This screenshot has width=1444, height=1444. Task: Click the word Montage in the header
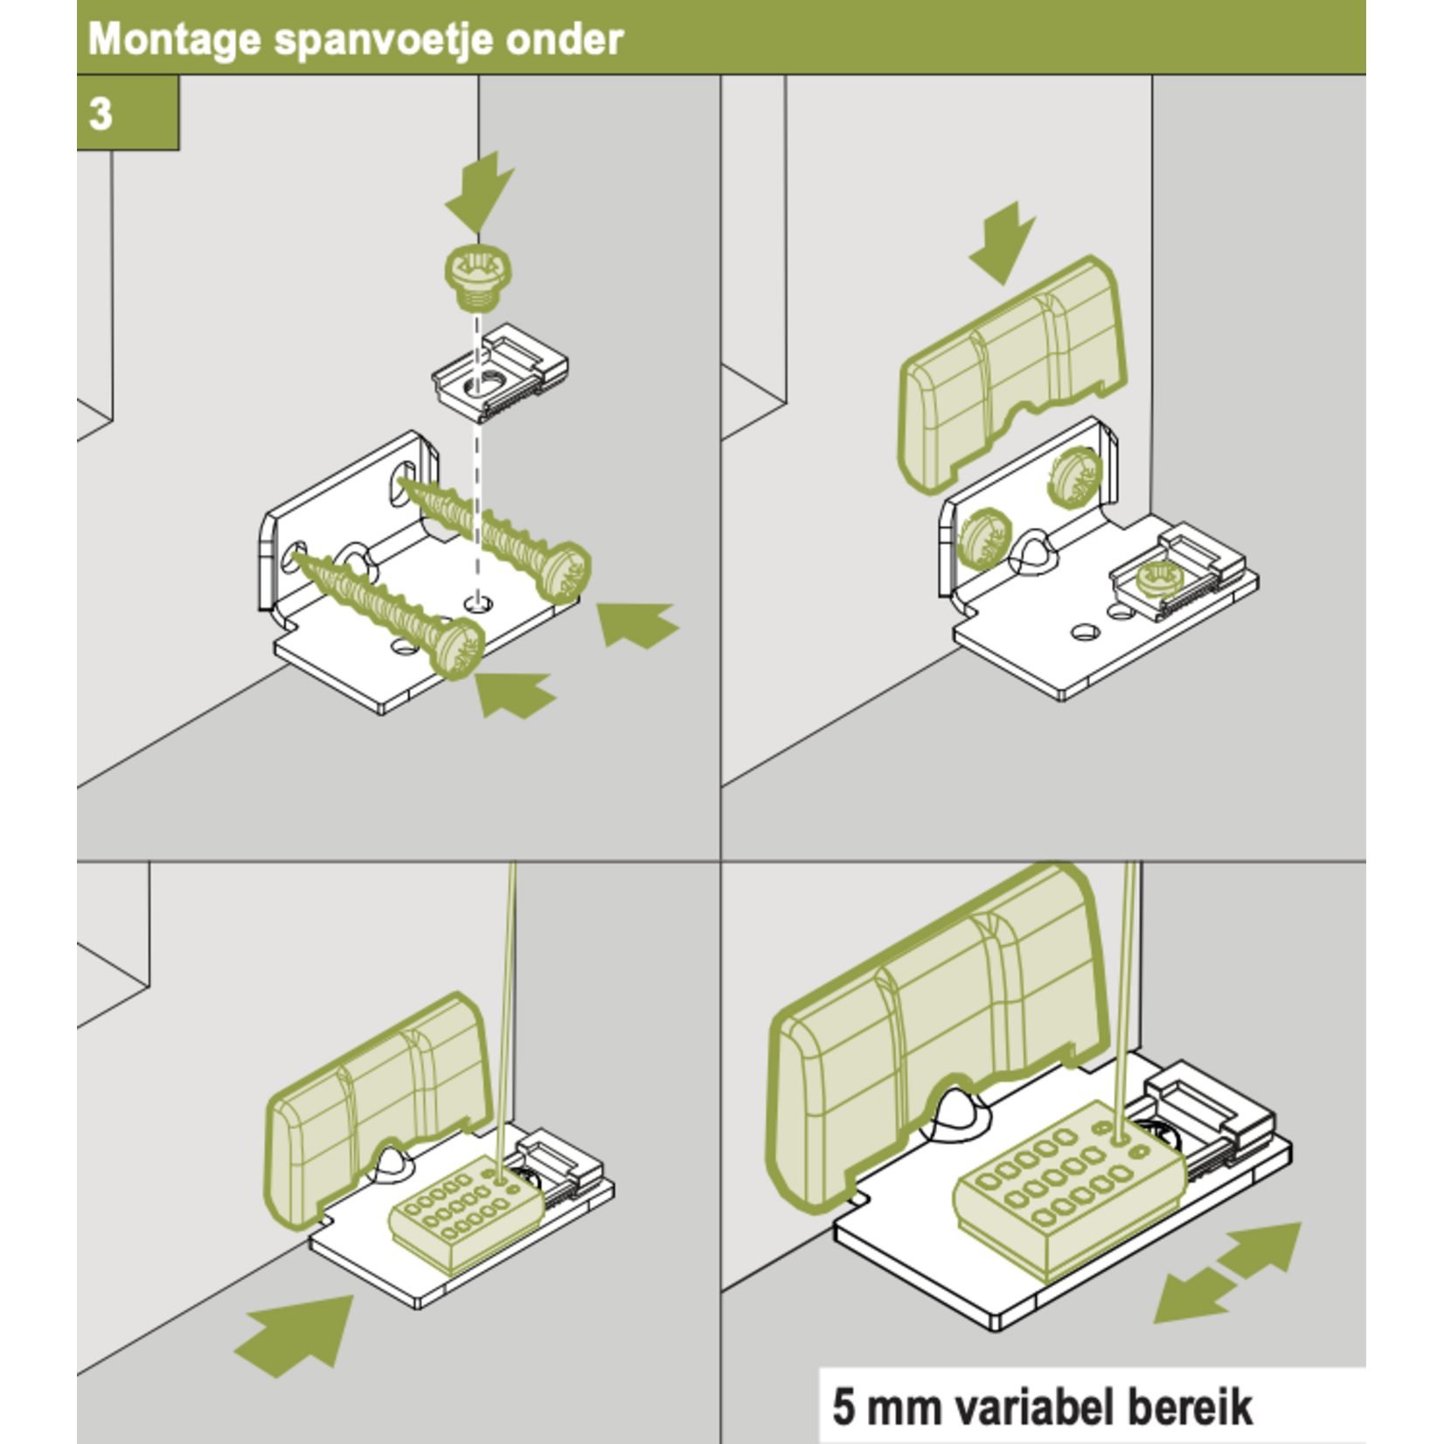point(175,40)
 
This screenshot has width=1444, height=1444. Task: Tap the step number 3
point(101,114)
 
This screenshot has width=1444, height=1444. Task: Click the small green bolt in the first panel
point(477,278)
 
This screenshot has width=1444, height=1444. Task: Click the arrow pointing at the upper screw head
point(636,624)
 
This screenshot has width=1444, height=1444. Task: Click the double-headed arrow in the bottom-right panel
point(1227,1272)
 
